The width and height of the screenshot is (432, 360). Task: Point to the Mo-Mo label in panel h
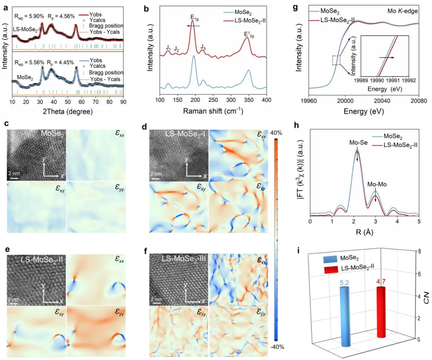point(376,185)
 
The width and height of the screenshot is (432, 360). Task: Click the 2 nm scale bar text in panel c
point(14,173)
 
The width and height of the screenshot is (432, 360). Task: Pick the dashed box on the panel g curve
point(337,60)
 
